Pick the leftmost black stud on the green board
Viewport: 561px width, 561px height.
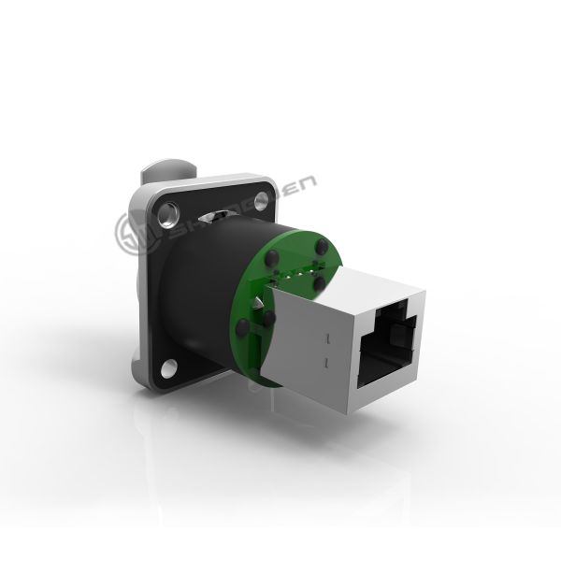pyautogui.click(x=245, y=326)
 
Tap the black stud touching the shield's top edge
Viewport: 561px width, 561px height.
pyautogui.click(x=320, y=280)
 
